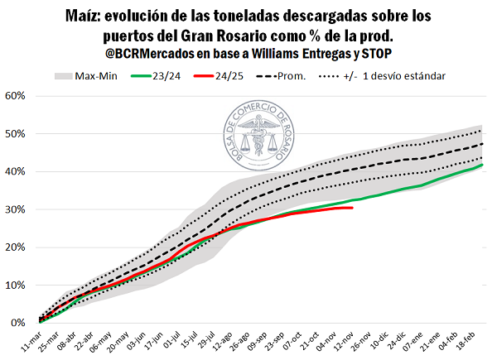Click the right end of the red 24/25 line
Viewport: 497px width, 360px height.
353,208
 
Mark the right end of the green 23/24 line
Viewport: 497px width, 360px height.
483,164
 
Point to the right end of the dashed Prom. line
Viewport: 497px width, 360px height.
483,144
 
